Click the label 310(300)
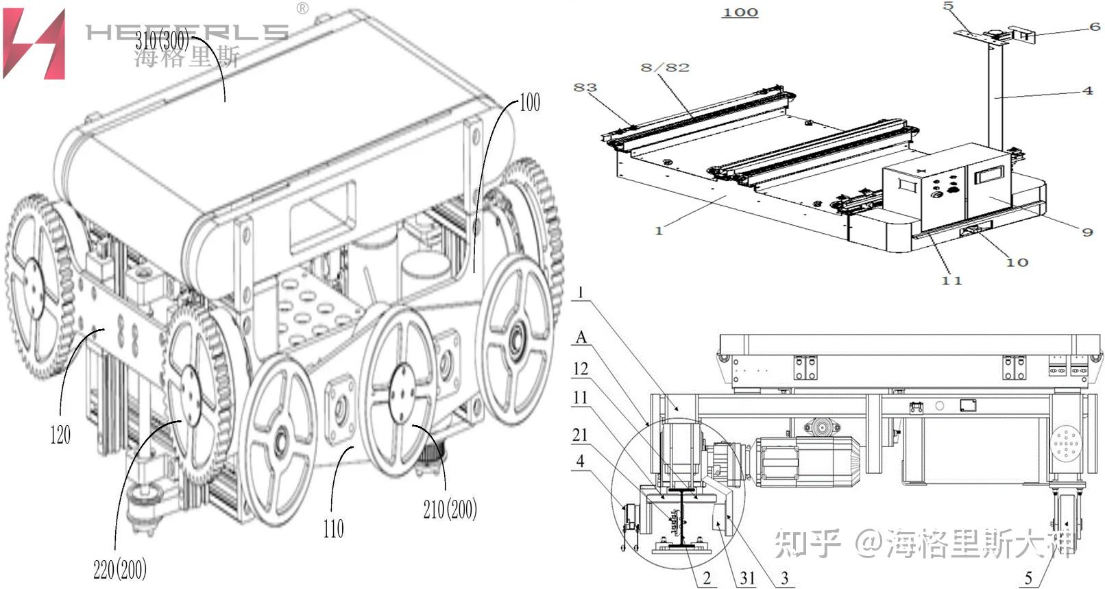click(162, 41)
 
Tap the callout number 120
click(60, 435)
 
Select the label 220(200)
click(120, 568)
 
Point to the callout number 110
click(333, 528)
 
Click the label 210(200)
click(450, 509)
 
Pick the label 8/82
click(664, 67)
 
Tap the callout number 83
click(585, 87)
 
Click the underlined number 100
click(740, 12)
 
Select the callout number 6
click(1095, 27)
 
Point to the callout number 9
click(1087, 232)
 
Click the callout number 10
click(1017, 262)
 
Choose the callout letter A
click(581, 337)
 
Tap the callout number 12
click(581, 369)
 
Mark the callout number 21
click(580, 434)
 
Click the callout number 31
click(746, 578)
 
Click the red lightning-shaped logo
click(34, 44)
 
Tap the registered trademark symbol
click(302, 8)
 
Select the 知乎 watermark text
click(807, 543)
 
